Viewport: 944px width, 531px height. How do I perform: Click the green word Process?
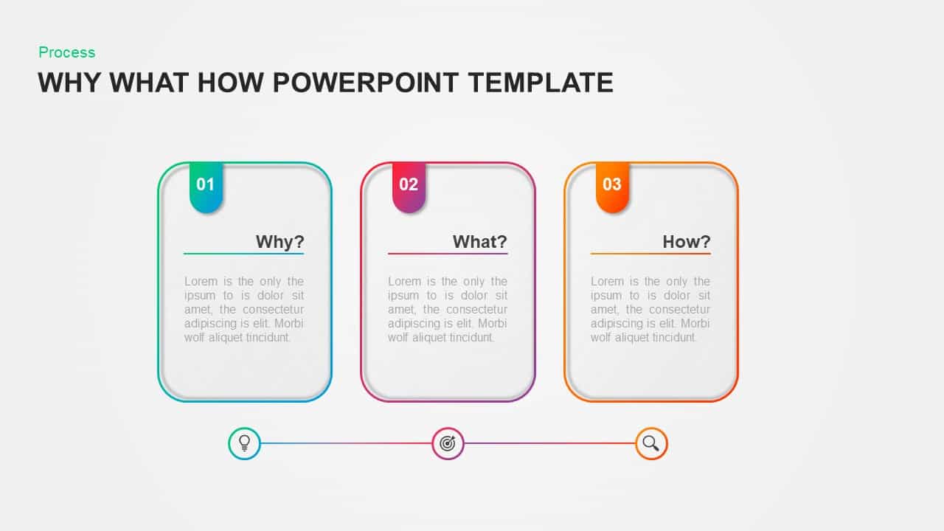tap(67, 52)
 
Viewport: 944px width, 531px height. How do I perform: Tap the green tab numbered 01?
tap(206, 185)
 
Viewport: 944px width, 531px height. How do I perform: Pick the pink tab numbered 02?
tap(409, 185)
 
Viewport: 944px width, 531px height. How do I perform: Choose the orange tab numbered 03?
tap(612, 185)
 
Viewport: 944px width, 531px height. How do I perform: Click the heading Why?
tap(280, 242)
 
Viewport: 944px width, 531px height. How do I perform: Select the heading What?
tap(479, 242)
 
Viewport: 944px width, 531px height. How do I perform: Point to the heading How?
tap(686, 242)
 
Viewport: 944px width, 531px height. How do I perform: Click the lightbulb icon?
tap(245, 443)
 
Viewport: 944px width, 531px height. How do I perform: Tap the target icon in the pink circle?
tap(448, 443)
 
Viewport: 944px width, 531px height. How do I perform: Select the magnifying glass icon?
tap(651, 443)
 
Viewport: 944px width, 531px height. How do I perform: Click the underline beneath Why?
tap(243, 254)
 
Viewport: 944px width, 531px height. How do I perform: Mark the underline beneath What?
tap(448, 254)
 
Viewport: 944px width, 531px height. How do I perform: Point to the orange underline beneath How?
tap(650, 254)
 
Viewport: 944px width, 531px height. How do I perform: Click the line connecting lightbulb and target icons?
tap(346, 443)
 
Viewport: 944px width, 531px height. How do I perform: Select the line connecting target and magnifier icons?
tap(549, 443)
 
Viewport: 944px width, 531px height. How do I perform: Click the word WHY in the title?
tap(70, 83)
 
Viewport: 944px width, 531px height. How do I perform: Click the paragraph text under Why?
tap(243, 309)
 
